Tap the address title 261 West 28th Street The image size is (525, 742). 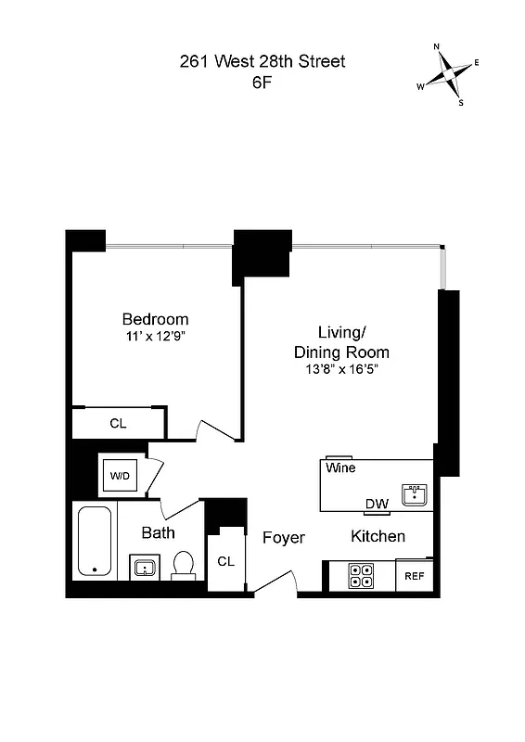click(x=262, y=62)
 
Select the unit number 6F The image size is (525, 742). click(x=262, y=82)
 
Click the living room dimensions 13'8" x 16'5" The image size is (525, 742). click(x=341, y=369)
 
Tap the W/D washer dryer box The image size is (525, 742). click(x=121, y=476)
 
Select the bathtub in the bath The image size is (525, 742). click(x=93, y=542)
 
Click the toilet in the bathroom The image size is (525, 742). click(x=184, y=564)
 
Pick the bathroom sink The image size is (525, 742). click(x=143, y=567)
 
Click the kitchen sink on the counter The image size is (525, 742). click(x=414, y=494)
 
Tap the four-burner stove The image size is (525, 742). click(x=360, y=576)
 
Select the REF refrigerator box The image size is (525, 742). click(x=414, y=576)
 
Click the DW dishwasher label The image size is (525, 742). click(x=376, y=505)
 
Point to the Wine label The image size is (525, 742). click(x=340, y=468)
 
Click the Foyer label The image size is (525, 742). click(x=283, y=538)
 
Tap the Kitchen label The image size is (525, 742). click(x=378, y=536)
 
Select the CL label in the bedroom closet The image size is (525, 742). click(x=118, y=424)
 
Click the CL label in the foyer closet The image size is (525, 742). click(x=225, y=561)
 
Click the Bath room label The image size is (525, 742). click(x=158, y=532)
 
